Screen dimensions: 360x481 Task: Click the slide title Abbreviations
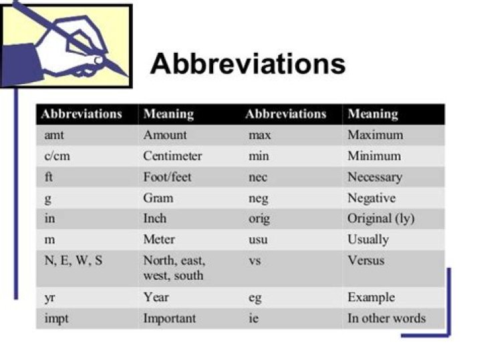coord(248,64)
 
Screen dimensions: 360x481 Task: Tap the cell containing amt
coord(53,135)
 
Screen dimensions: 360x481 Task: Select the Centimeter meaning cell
coord(172,156)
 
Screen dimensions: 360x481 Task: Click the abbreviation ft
coord(49,178)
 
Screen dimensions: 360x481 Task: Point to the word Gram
coord(158,198)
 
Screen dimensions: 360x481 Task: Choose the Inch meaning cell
coord(155,219)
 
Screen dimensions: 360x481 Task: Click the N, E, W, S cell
coord(73,260)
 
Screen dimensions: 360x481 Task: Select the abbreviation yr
coord(49,298)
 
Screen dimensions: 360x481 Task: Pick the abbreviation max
coord(259,135)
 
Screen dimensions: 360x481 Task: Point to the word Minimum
coord(374,156)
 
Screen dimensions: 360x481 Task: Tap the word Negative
coord(371,198)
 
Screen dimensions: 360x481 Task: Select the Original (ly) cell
coord(380,219)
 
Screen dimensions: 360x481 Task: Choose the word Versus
coord(366,260)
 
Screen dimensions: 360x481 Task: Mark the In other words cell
coord(386,319)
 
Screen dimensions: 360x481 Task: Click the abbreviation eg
coord(255,299)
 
